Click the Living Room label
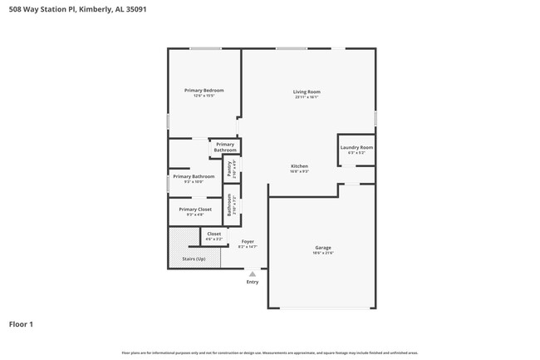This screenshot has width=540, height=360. pos(307,91)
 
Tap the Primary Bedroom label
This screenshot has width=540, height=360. pos(204,90)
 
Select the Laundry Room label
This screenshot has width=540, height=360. pos(356,147)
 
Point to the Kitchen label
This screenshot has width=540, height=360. pos(299,166)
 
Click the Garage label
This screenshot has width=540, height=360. pos(322,248)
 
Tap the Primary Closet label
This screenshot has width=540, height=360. pos(194,210)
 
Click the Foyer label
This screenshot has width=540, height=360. pos(248,241)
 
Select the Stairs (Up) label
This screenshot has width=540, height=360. pos(194,259)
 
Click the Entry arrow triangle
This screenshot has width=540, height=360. pos(252,273)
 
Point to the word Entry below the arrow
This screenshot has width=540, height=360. pos(252,282)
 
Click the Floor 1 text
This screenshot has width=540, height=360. pos(21,323)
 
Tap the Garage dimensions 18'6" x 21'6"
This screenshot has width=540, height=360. pos(322,254)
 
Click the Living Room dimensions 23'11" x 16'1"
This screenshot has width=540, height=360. pos(307,97)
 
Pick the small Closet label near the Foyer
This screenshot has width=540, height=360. pos(214,234)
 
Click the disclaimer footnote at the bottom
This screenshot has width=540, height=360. pos(270,353)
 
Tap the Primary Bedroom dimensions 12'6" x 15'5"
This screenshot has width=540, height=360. pos(204,96)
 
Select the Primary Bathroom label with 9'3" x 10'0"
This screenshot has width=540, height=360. pos(193,176)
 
